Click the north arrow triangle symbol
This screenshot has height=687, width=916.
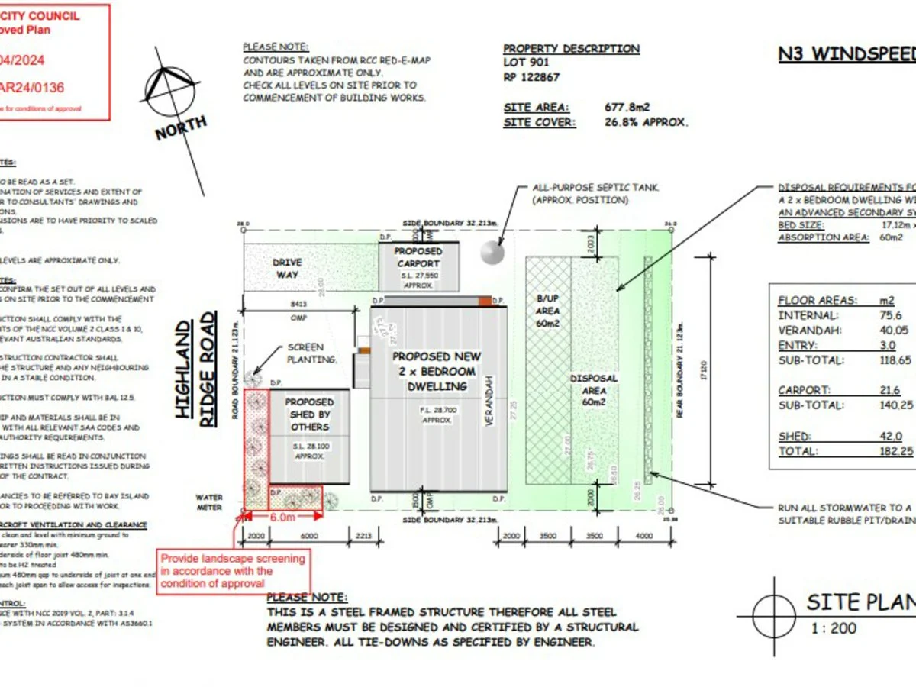click(x=167, y=85)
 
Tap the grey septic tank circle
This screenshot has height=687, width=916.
click(x=492, y=253)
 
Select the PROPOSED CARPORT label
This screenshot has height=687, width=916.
click(x=418, y=257)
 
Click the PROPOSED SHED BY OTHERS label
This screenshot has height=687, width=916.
click(x=309, y=414)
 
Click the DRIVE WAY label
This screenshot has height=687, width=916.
click(x=288, y=269)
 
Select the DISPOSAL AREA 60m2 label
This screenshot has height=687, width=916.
click(x=594, y=390)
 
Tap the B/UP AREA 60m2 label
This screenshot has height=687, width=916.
click(x=547, y=311)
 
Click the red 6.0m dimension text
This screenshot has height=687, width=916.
click(x=282, y=517)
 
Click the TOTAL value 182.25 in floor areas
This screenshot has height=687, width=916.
click(x=896, y=451)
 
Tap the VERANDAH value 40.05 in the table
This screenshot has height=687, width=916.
click(x=893, y=331)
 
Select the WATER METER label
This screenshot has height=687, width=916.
click(x=208, y=502)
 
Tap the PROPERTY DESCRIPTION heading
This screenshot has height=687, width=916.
click(x=571, y=48)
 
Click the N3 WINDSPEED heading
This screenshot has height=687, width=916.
click(x=847, y=54)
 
